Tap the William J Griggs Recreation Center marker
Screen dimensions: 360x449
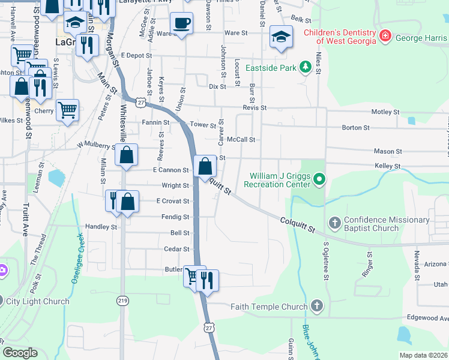click(320, 179)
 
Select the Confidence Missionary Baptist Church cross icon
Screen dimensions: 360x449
click(335, 223)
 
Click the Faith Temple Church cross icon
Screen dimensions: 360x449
click(317, 307)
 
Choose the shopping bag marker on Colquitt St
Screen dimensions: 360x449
click(205, 166)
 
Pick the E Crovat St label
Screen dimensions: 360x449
click(172, 201)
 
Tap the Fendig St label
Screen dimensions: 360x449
click(177, 217)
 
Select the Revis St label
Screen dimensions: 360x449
click(254, 107)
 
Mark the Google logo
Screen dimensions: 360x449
click(20, 353)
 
